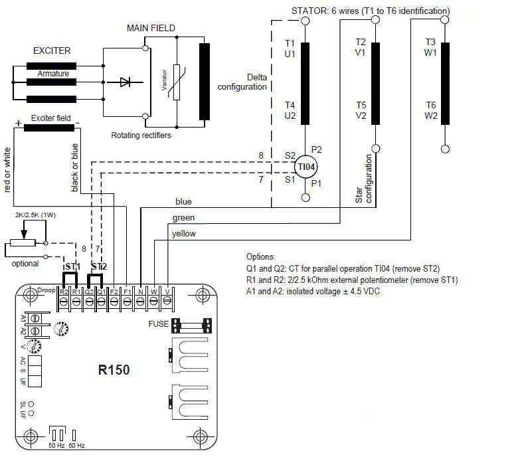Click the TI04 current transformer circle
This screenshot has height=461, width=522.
[305, 167]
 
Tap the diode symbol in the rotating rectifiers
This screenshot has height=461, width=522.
[124, 82]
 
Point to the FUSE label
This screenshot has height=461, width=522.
[160, 325]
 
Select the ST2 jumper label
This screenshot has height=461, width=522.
[98, 267]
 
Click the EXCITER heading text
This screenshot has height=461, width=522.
[51, 50]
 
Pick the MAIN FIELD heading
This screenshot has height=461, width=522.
[151, 28]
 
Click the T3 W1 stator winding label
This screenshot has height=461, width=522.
[430, 47]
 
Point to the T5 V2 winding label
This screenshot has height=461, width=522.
[361, 110]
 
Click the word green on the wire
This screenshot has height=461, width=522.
[183, 217]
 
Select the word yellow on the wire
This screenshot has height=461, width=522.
[184, 234]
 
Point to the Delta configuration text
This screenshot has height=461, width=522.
[242, 82]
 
